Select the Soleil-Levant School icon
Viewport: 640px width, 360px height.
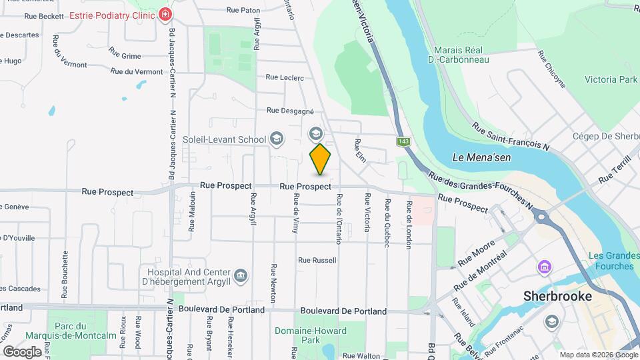click(x=275, y=139)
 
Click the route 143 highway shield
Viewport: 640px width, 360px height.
click(x=403, y=141)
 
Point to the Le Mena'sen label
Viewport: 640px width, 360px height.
click(x=477, y=157)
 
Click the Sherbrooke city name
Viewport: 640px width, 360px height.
click(x=549, y=295)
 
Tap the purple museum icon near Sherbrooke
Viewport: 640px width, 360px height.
click(x=545, y=267)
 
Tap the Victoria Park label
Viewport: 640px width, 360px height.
click(x=611, y=79)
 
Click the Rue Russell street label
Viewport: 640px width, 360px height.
click(x=317, y=260)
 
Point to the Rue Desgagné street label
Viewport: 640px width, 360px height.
click(x=290, y=111)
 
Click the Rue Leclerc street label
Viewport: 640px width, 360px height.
click(x=285, y=77)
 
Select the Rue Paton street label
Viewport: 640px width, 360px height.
click(x=243, y=10)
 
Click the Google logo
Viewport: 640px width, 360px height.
click(x=22, y=351)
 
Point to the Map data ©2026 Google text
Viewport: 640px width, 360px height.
click(x=598, y=355)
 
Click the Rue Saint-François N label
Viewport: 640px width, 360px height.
click(x=511, y=136)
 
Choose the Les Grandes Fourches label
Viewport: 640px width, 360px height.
click(x=611, y=261)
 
